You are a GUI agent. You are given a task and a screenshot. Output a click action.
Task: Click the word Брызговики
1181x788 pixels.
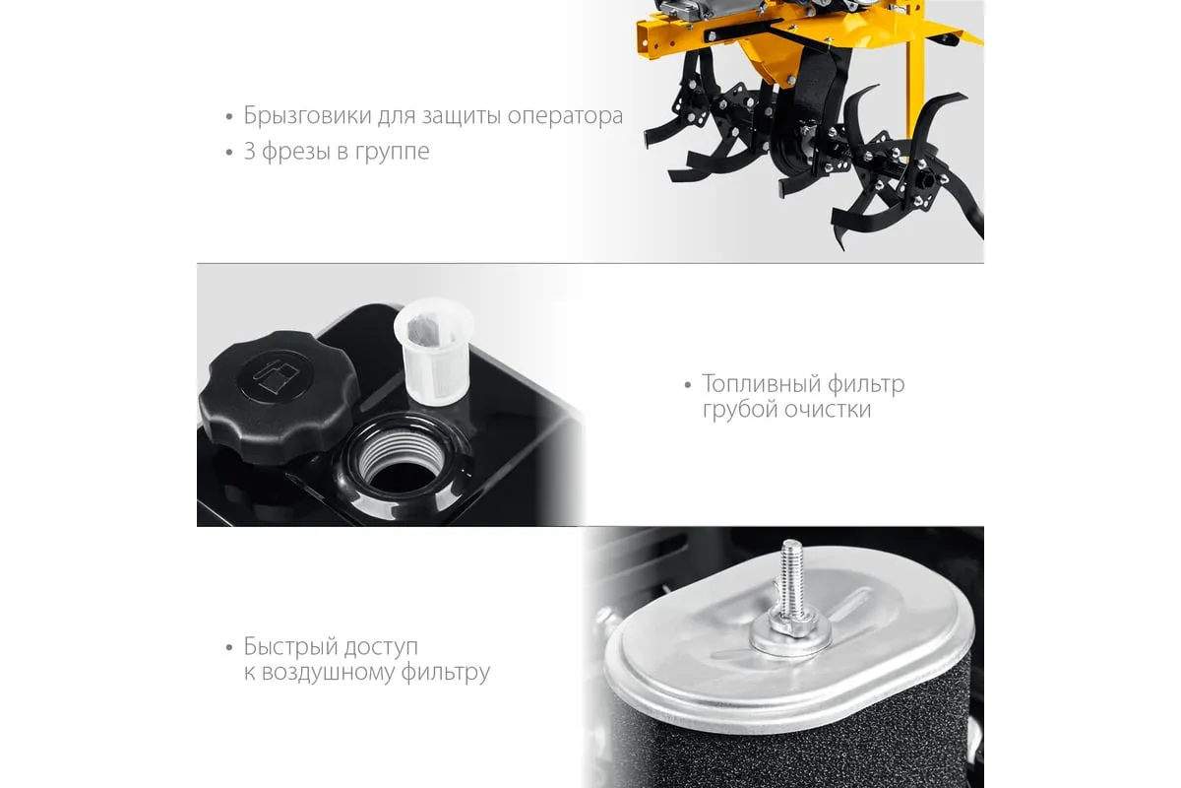[x=307, y=116]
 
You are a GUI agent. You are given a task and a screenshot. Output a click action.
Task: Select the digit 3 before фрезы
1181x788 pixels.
[x=249, y=152]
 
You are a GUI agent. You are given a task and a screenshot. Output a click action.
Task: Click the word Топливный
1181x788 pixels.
[x=761, y=385]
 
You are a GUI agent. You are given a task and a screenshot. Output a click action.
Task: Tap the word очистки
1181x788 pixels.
[x=828, y=410]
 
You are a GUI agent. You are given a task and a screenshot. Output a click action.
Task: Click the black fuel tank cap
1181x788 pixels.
[x=278, y=396]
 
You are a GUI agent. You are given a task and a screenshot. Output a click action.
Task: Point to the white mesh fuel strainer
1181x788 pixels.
[x=434, y=352]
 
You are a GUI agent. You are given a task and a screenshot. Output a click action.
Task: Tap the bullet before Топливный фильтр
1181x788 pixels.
[x=688, y=386]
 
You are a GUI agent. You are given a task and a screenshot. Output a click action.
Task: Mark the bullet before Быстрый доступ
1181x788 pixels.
[x=228, y=647]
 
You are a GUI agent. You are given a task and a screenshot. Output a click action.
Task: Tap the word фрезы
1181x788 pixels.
[x=296, y=153]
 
